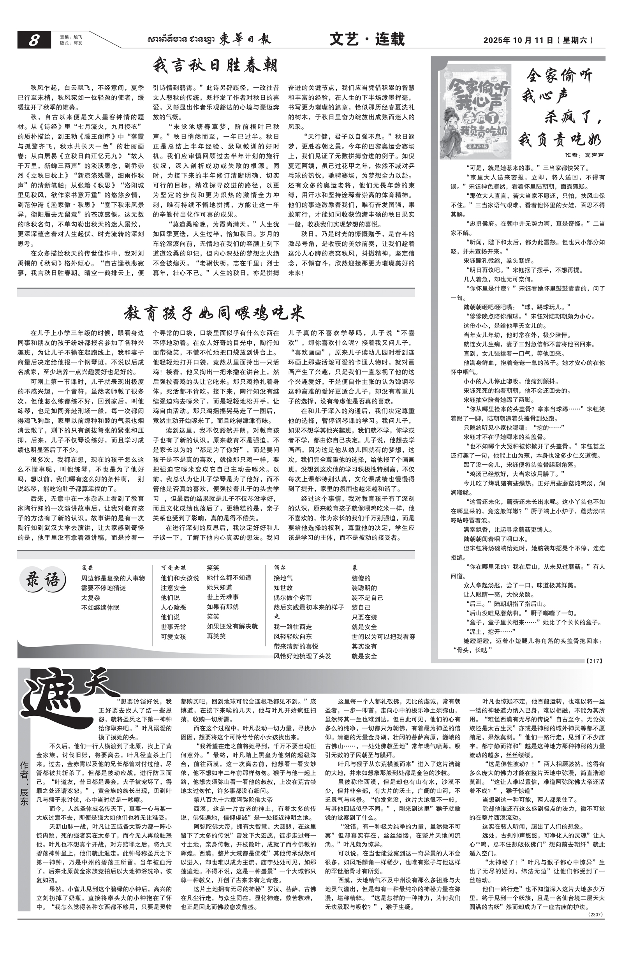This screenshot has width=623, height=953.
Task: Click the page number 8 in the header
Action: point(33,40)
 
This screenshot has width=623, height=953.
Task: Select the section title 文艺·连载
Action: point(367,39)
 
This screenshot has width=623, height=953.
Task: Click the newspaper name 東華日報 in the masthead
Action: point(245,39)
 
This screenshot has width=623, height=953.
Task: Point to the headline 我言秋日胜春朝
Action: point(215,66)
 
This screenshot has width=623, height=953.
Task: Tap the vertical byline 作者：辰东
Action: point(24,782)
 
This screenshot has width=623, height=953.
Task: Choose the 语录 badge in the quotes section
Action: point(43,580)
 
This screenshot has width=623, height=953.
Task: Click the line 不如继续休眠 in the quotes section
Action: point(100,608)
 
